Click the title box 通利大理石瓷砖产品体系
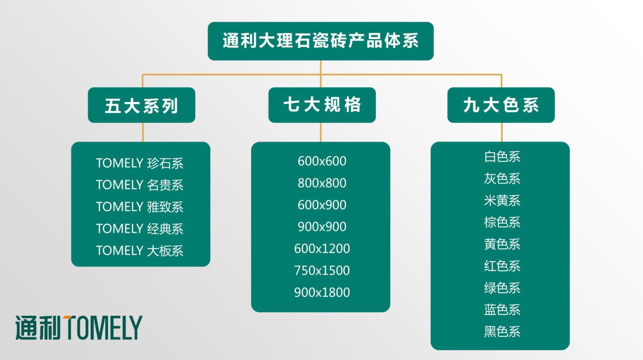(x=320, y=41)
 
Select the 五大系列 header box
(x=141, y=105)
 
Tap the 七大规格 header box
(x=322, y=105)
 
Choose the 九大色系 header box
(x=501, y=105)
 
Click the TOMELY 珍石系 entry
(x=139, y=163)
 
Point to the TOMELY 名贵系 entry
(x=139, y=185)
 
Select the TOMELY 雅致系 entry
(x=139, y=207)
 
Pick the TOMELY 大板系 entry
(x=139, y=251)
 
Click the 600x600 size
(x=322, y=161)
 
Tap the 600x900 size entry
(x=322, y=205)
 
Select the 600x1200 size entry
(x=322, y=249)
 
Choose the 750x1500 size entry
(x=322, y=270)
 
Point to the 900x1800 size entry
(x=322, y=292)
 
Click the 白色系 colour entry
(x=502, y=157)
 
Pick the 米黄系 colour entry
(x=502, y=200)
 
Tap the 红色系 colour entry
(x=502, y=266)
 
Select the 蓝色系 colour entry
(x=502, y=310)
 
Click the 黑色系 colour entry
(x=502, y=331)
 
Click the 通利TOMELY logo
(x=79, y=327)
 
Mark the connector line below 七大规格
(x=321, y=132)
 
